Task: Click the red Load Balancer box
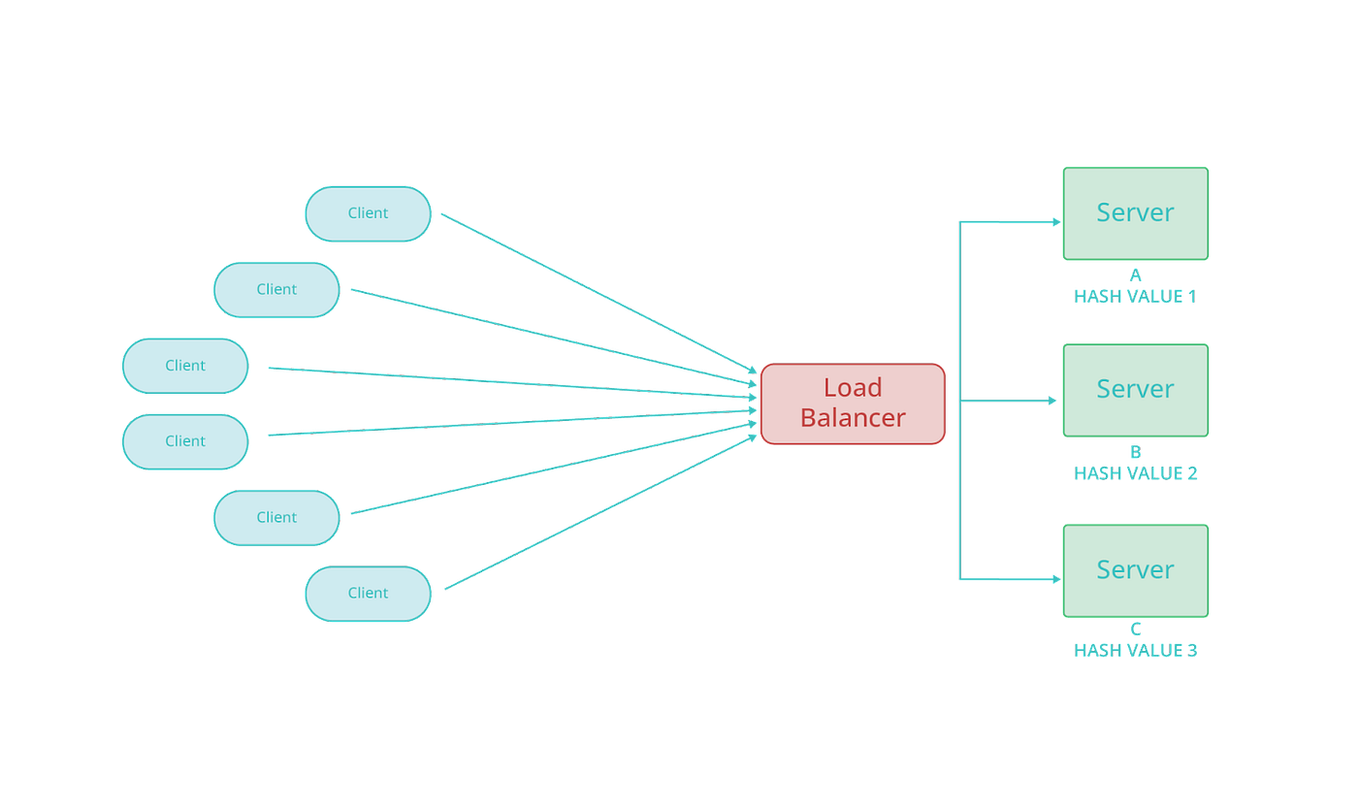pyautogui.click(x=853, y=404)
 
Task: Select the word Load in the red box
pyautogui.click(x=853, y=388)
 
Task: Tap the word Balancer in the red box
pyautogui.click(x=853, y=418)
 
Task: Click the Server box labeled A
pyautogui.click(x=1135, y=212)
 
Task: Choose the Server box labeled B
pyautogui.click(x=1135, y=389)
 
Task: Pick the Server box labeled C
pyautogui.click(x=1135, y=569)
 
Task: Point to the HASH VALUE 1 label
pyautogui.click(x=1135, y=296)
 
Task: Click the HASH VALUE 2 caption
pyautogui.click(x=1135, y=472)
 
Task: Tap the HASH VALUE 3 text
pyautogui.click(x=1135, y=650)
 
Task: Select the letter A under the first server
pyautogui.click(x=1135, y=275)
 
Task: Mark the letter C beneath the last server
pyautogui.click(x=1135, y=631)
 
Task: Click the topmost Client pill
pyautogui.click(x=368, y=213)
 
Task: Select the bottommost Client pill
pyautogui.click(x=368, y=593)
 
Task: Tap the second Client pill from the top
pyautogui.click(x=276, y=289)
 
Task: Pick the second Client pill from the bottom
pyautogui.click(x=276, y=517)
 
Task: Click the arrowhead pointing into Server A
pyautogui.click(x=1053, y=222)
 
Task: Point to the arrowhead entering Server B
pyautogui.click(x=1051, y=401)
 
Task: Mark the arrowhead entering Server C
pyautogui.click(x=1053, y=580)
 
